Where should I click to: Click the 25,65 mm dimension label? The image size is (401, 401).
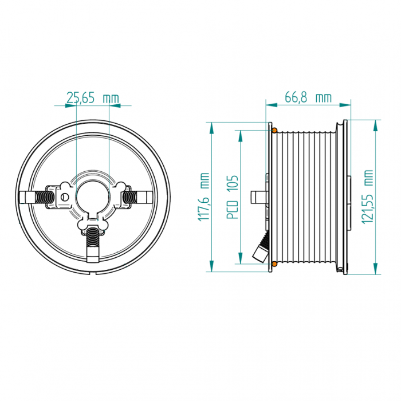pos(93,98)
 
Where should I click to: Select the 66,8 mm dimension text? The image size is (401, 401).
pos(308,97)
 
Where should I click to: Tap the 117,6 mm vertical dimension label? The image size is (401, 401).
pos(203,197)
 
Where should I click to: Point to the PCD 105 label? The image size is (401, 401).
pos(233,197)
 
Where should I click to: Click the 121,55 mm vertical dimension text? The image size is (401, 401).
pos(368,196)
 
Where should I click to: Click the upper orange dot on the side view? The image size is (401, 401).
pos(274,131)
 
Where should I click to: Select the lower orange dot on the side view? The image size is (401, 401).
pos(274,264)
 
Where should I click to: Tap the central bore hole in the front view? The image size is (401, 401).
pos(93,196)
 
